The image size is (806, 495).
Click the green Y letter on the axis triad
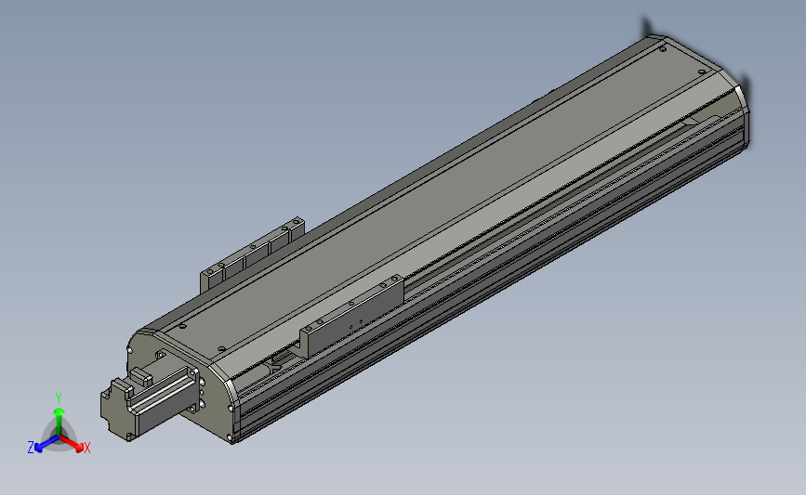pyautogui.click(x=59, y=398)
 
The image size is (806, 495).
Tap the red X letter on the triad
pyautogui.click(x=86, y=448)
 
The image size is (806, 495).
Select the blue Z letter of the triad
pyautogui.click(x=31, y=448)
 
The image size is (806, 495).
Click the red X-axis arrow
pyautogui.click(x=71, y=443)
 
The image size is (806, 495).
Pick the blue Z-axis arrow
pyautogui.click(x=47, y=444)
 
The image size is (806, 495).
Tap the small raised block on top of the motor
pyautogui.click(x=140, y=376)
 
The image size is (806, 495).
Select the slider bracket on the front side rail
pyautogui.click(x=351, y=316)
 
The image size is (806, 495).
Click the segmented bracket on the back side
pyautogui.click(x=252, y=254)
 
